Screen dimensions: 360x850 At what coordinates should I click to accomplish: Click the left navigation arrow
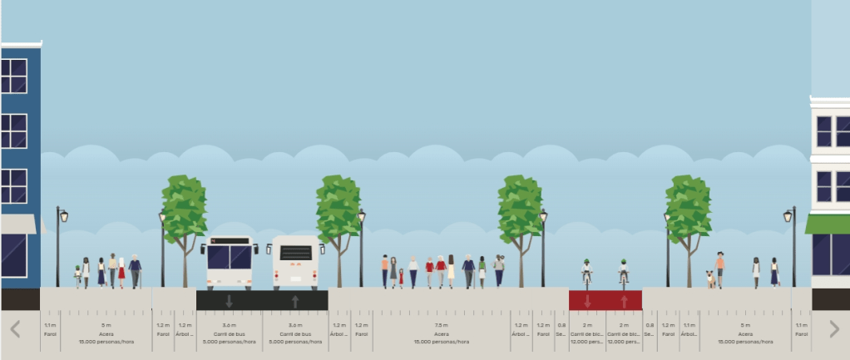click(15, 329)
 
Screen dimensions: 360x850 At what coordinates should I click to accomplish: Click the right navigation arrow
click(834, 329)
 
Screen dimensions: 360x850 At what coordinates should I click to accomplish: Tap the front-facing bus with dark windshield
click(229, 262)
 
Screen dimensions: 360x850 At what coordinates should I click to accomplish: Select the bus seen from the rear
click(295, 262)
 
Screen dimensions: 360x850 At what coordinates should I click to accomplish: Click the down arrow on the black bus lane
click(229, 301)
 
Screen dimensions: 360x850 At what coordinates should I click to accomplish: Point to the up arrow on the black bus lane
click(295, 301)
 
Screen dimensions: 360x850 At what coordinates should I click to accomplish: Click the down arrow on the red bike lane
click(587, 300)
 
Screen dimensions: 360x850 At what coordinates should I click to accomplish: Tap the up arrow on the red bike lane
click(624, 300)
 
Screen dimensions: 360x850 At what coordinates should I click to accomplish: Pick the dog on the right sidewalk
click(709, 279)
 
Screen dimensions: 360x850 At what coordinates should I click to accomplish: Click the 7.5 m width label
click(441, 325)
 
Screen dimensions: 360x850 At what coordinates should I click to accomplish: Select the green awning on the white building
click(828, 224)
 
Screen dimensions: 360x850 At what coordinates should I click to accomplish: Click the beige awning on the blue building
click(18, 224)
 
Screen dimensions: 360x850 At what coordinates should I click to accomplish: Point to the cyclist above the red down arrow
click(587, 272)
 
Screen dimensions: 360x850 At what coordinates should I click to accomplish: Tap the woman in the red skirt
click(121, 272)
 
